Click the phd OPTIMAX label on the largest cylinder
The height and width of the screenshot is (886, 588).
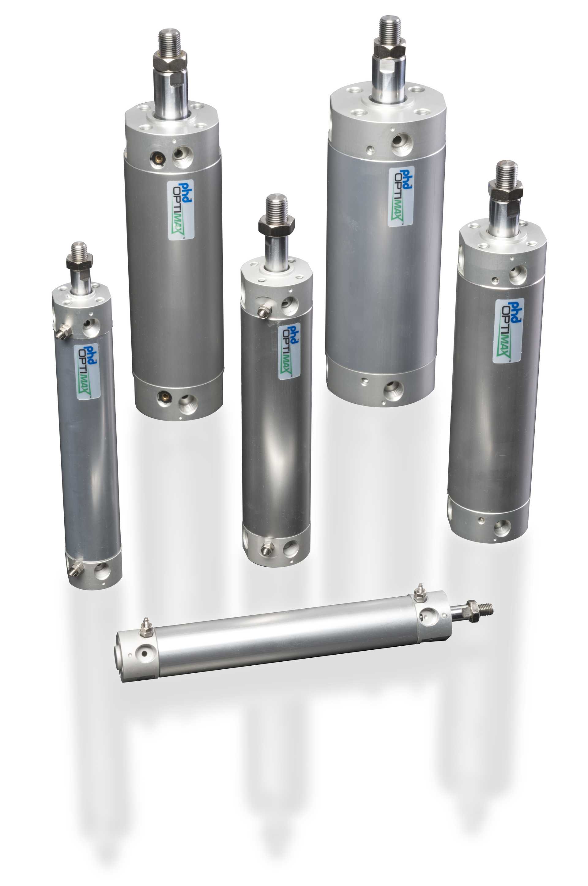click(401, 196)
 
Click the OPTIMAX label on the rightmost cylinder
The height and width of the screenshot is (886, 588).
click(508, 331)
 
